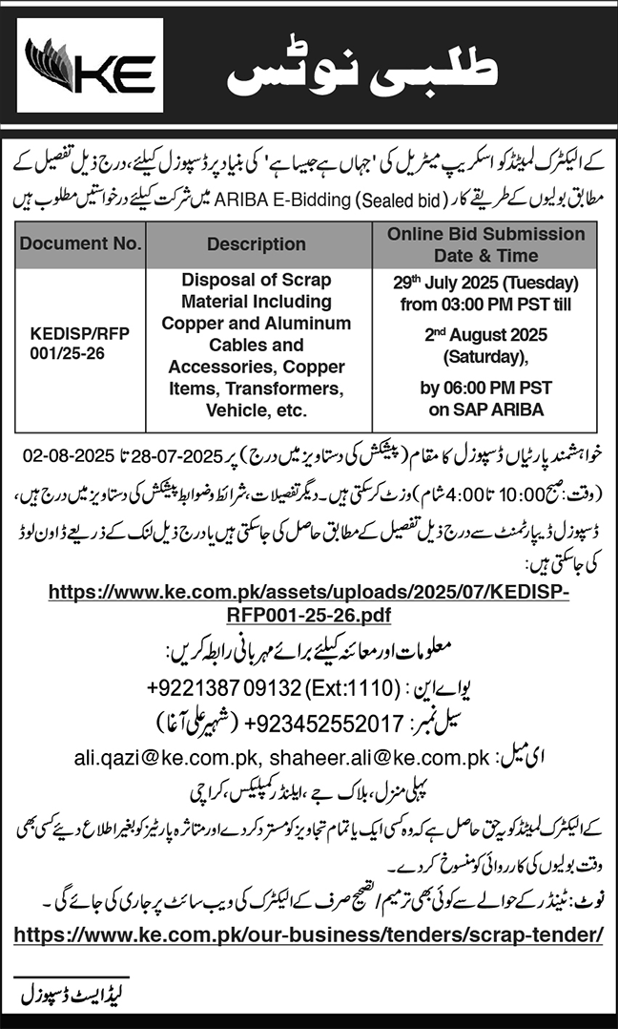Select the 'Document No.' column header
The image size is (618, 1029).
pyautogui.click(x=80, y=243)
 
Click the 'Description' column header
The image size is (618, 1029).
pyautogui.click(x=257, y=244)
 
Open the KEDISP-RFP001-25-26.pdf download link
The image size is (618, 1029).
pyautogui.click(x=309, y=603)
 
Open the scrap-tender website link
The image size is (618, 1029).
pyautogui.click(x=309, y=932)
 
